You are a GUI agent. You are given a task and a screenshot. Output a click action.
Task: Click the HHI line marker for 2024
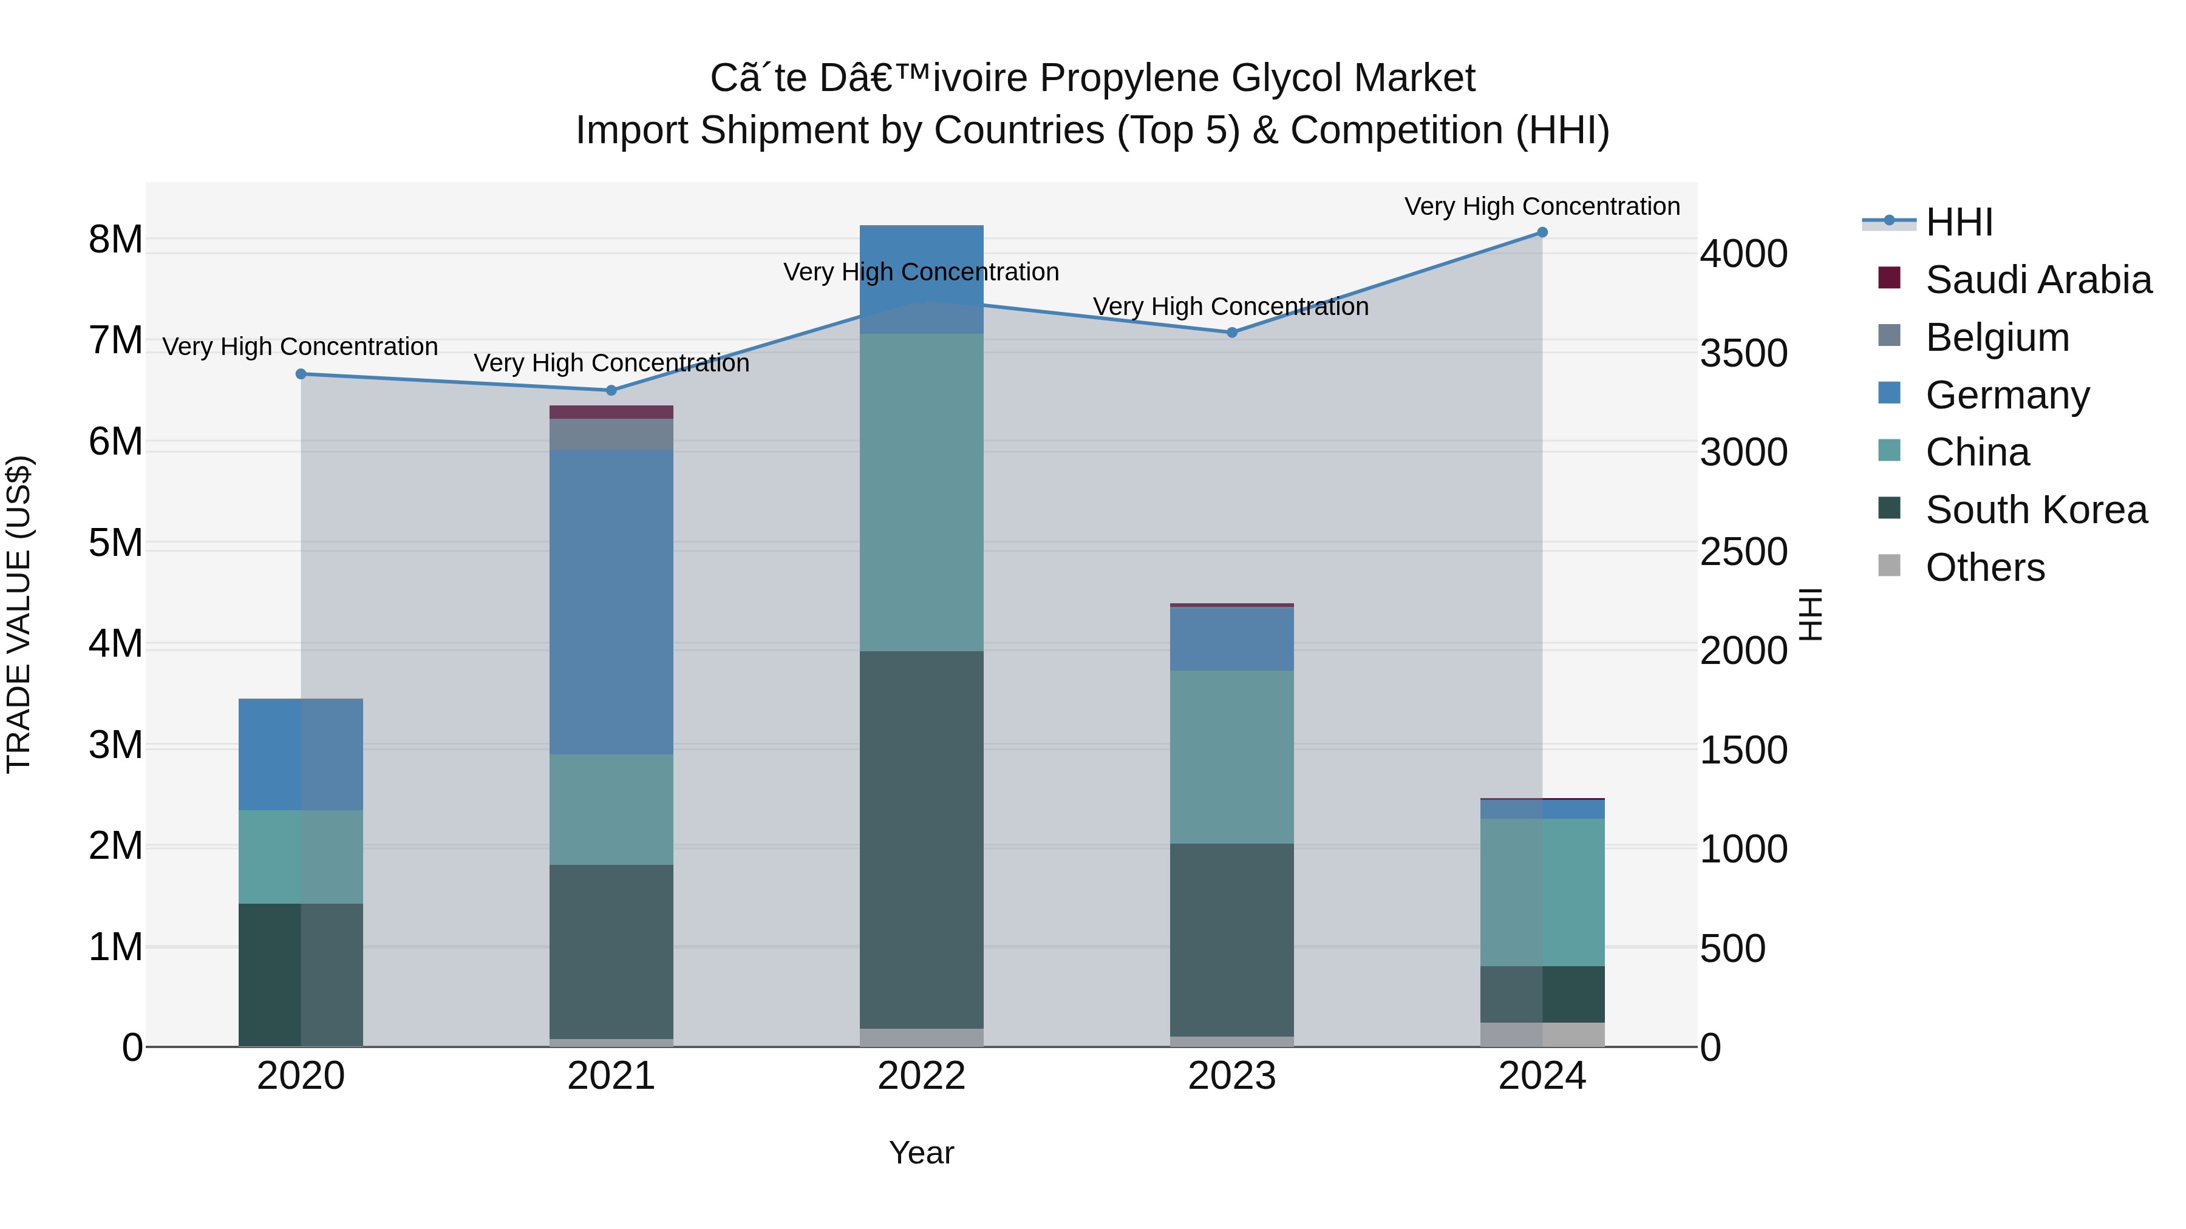click(x=1542, y=232)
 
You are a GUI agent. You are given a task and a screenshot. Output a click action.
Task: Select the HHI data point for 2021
click(x=611, y=390)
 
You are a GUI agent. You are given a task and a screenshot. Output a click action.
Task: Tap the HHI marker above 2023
click(x=1232, y=333)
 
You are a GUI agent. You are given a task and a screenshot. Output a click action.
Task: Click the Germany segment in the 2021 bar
click(x=611, y=602)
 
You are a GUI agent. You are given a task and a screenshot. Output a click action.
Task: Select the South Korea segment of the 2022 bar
click(x=922, y=840)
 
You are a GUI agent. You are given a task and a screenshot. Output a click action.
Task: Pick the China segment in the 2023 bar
click(x=1232, y=757)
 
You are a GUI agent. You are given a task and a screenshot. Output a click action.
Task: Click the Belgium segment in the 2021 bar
click(x=611, y=435)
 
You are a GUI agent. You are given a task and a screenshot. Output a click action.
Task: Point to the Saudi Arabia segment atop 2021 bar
click(x=611, y=412)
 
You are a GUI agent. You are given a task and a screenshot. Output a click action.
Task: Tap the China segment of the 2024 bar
click(x=1542, y=892)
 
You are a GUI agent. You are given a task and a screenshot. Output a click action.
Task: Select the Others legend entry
click(x=1985, y=567)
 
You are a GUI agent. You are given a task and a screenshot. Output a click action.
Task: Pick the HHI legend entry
click(x=1958, y=222)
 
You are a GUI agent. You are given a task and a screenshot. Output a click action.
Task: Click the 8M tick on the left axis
click(x=115, y=240)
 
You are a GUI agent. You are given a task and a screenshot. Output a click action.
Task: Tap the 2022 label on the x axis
click(x=922, y=1076)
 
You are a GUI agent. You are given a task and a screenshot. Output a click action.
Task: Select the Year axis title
click(x=922, y=1153)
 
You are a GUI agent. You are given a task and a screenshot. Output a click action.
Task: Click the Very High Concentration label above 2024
click(x=1542, y=206)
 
